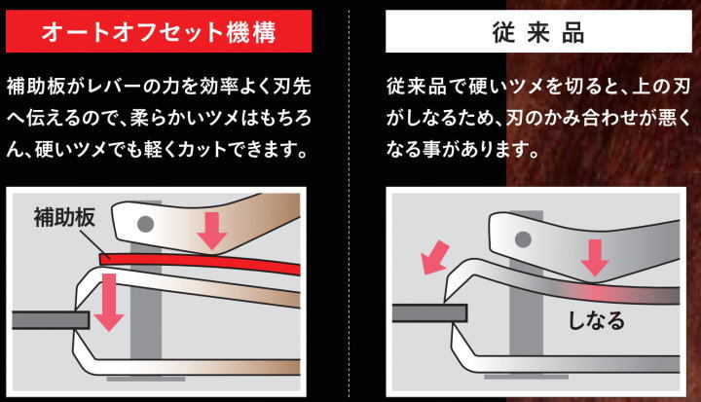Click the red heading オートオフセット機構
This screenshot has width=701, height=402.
159,32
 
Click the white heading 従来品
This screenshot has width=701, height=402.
537,33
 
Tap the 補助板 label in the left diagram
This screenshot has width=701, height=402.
64,217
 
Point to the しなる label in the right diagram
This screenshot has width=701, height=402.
596,320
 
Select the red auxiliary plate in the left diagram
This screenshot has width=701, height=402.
200,263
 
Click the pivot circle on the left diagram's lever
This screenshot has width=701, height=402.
145,224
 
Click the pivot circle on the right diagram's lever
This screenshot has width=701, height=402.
523,239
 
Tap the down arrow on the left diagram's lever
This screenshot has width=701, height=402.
212,231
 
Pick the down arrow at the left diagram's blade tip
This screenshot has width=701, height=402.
109,303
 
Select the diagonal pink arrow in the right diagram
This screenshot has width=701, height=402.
434,258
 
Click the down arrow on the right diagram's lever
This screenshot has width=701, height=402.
594,258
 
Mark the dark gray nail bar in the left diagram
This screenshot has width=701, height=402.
51,320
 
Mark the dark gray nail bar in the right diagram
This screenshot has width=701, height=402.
429,313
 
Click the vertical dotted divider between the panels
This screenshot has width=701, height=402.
349,201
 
